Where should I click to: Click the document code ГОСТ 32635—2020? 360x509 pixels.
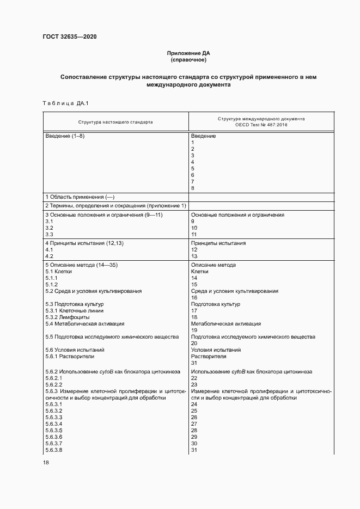69,37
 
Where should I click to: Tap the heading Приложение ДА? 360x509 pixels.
188,53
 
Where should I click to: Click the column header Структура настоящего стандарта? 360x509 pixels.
115,122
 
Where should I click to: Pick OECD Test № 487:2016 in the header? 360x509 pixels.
261,125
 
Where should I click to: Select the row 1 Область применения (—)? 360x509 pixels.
80,197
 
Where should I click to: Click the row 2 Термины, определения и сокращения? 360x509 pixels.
115,205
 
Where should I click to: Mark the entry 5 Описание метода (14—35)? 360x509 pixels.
82,265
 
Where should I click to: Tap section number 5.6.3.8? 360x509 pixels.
54,450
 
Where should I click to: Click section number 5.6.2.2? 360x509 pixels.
54,384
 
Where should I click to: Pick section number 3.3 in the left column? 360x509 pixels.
49,235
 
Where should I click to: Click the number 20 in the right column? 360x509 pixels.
194,343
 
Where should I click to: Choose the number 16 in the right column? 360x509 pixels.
194,298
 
